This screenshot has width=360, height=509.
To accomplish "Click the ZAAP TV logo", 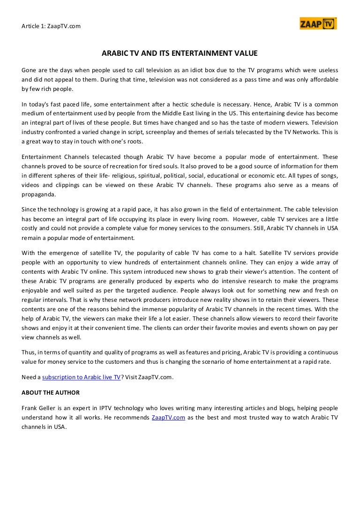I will tap(318, 24).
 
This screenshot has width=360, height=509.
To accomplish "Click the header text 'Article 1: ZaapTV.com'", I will tap(51, 26).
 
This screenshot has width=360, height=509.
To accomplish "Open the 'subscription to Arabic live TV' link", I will tap(82, 376).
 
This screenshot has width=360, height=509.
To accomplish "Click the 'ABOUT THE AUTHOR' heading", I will tap(51, 392).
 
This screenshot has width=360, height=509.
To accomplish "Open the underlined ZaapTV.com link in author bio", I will tap(168, 418).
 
